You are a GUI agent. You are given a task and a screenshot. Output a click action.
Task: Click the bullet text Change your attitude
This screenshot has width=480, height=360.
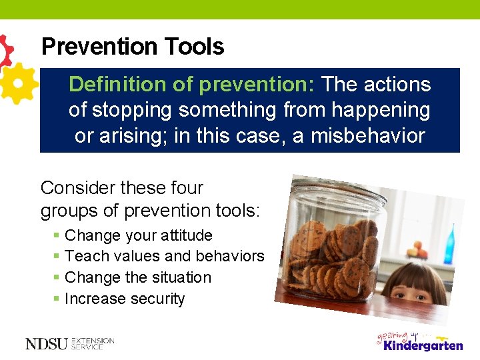pyautogui.click(x=139, y=235)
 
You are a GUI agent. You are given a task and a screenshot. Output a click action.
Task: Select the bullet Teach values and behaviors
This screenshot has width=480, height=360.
pyautogui.click(x=165, y=256)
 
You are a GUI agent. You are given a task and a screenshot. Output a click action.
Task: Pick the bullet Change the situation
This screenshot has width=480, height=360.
pyautogui.click(x=138, y=277)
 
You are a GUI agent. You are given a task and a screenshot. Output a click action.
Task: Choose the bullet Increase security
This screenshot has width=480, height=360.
pyautogui.click(x=125, y=299)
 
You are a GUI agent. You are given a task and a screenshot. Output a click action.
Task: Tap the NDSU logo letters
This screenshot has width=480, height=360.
pyautogui.click(x=46, y=344)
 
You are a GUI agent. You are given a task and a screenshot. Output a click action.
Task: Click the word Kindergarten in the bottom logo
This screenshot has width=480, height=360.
pyautogui.click(x=423, y=345)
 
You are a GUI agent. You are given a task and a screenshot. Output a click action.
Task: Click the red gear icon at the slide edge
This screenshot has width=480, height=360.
pyautogui.click(x=5, y=51)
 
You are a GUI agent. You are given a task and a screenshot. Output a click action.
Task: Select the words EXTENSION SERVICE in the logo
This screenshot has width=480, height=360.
pyautogui.click(x=92, y=344)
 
